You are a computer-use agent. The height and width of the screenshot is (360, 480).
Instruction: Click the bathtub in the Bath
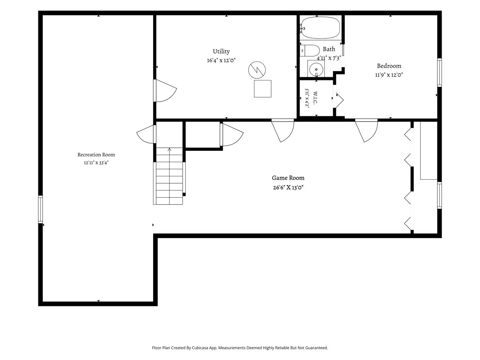coord(321,28)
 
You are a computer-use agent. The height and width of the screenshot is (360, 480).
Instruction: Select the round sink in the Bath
coord(316,70)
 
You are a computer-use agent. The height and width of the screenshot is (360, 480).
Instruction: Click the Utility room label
coord(221,51)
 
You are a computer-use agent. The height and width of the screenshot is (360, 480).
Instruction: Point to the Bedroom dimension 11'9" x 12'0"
coord(389,75)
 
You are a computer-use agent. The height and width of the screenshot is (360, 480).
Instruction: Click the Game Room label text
coord(288,178)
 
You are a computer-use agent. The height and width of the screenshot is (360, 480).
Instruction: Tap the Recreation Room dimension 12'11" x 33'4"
coord(96,163)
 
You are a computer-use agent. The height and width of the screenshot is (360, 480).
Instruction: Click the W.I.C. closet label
coord(315,98)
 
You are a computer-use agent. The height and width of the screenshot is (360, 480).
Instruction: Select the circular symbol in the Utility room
coord(257,70)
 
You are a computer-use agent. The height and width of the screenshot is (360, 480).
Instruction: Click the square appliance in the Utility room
coord(263,89)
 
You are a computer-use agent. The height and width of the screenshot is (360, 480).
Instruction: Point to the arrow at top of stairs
coord(170,150)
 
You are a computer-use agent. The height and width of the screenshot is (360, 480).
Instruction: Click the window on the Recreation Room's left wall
coord(40,209)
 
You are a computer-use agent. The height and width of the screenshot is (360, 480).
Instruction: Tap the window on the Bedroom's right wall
coord(439,72)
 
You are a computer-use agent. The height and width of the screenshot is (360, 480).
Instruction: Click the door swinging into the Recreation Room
coord(146,134)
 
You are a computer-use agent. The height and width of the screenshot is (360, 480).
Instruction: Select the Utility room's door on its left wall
coord(165,90)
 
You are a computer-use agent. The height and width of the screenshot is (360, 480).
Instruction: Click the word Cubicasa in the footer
coord(200,348)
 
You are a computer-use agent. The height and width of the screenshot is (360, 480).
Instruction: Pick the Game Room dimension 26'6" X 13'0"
coord(288,188)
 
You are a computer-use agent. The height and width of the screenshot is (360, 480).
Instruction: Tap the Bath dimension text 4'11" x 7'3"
coord(329,58)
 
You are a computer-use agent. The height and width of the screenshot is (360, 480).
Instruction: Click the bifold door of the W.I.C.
coord(338,100)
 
